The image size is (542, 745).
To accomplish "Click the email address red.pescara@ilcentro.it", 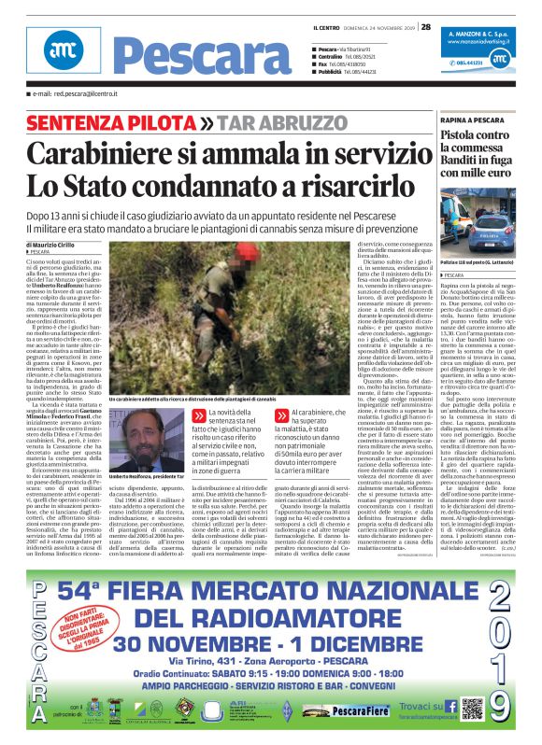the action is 78,94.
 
